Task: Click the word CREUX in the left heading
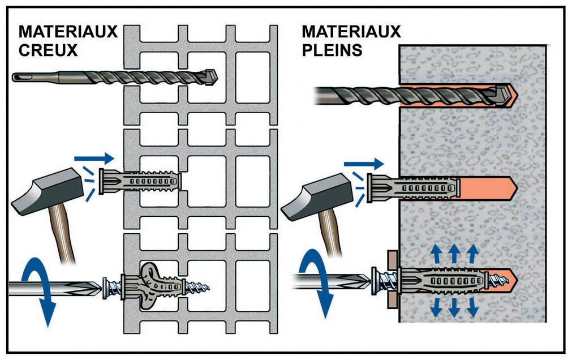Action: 48,50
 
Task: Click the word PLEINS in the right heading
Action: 332,50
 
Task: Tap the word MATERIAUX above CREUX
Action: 68,31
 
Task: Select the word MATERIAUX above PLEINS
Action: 351,31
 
